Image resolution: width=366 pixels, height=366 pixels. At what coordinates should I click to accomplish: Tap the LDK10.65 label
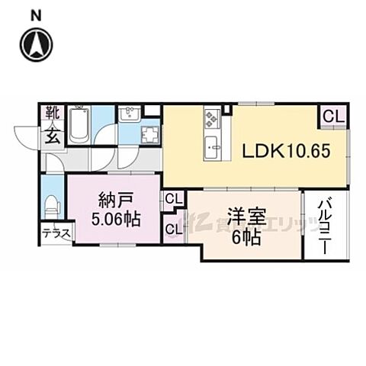(x=286, y=151)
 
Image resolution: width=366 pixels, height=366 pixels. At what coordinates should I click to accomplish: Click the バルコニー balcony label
(x=323, y=226)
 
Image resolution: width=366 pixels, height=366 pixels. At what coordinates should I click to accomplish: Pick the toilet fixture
(x=52, y=204)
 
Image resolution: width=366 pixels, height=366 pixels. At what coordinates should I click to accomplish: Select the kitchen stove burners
(x=211, y=119)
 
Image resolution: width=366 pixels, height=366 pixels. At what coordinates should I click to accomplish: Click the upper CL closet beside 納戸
(x=173, y=200)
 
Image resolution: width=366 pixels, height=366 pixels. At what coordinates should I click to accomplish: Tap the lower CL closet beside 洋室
(x=173, y=229)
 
